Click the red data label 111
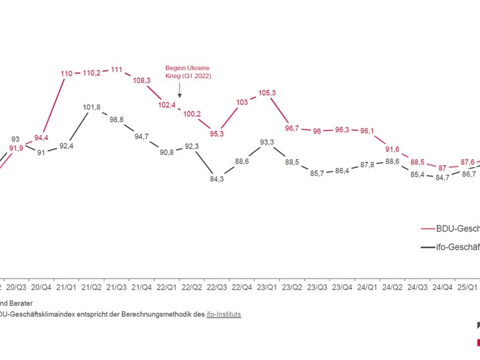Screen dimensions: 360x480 click(117, 70)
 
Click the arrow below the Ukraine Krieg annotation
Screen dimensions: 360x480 click(179, 91)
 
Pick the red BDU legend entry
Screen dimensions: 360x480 click(447, 228)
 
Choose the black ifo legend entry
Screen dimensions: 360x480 click(447, 246)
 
